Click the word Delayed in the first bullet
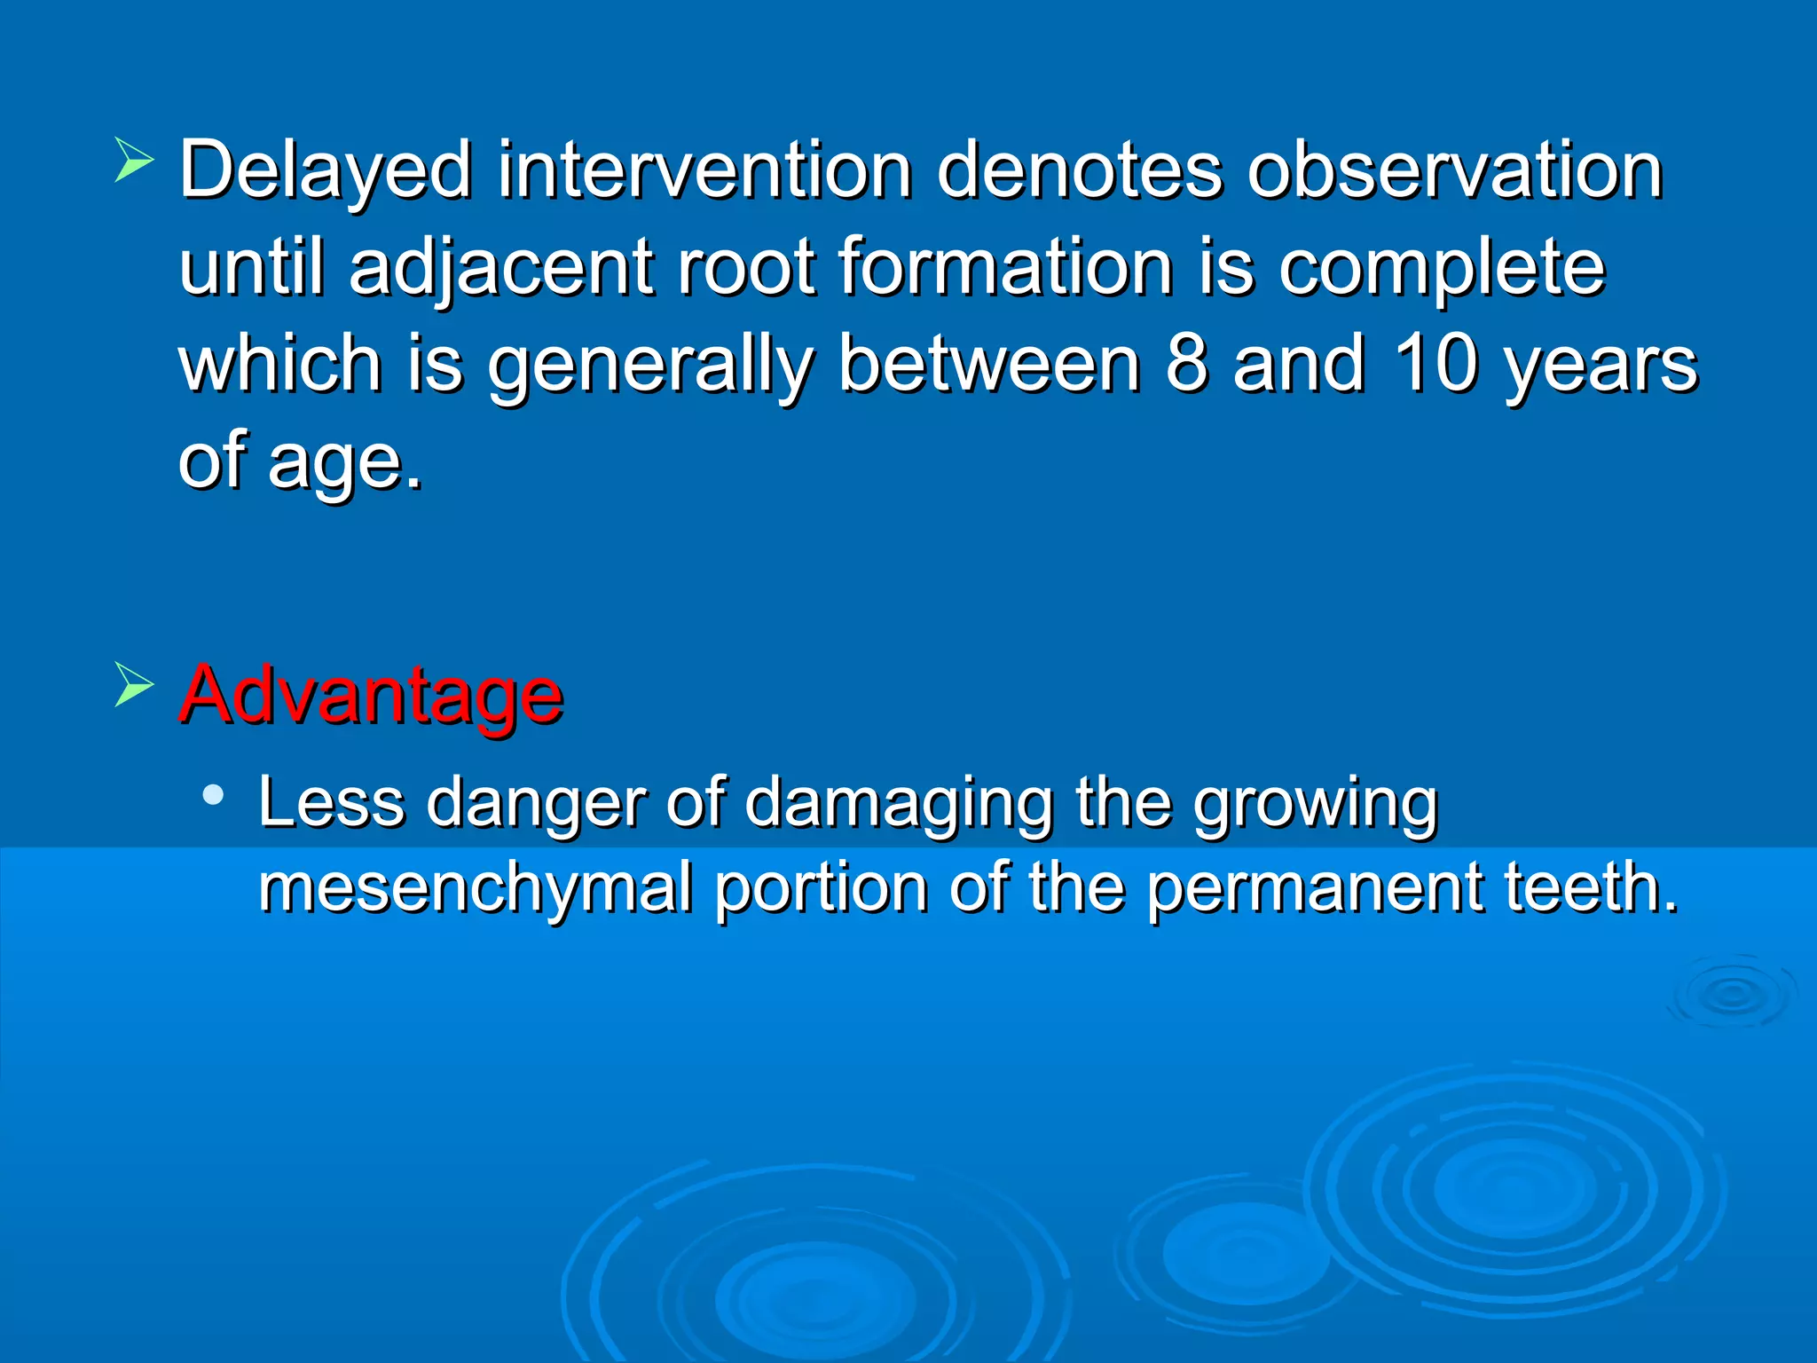coord(325,170)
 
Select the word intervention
coord(704,170)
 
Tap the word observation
coord(1454,170)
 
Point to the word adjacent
coord(501,268)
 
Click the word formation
coord(1005,268)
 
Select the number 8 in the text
coord(1187,364)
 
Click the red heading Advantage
coord(371,695)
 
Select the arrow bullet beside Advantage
coord(134,685)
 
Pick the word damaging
coord(899,803)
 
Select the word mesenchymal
coord(475,888)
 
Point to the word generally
coord(650,366)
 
